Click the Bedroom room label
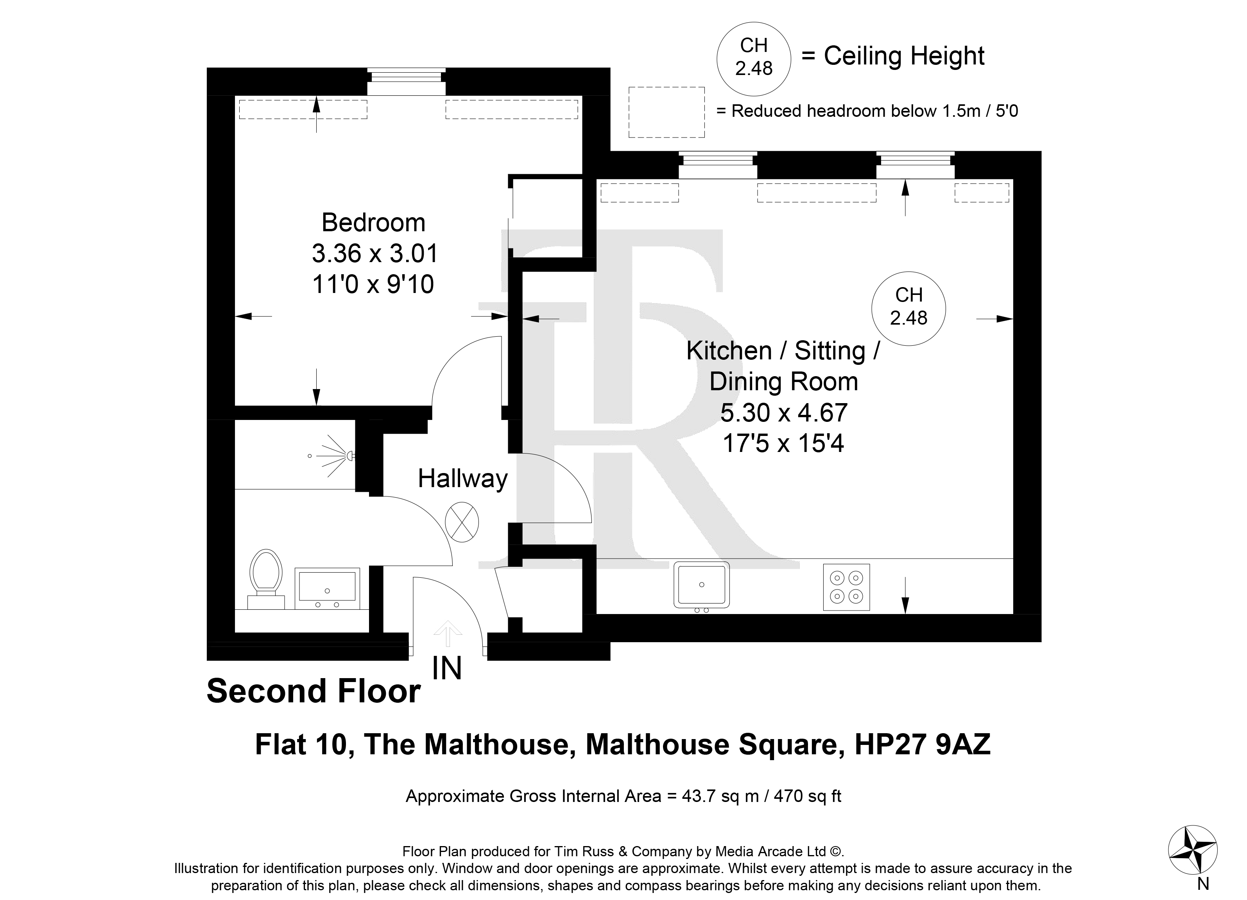[373, 223]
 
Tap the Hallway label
[462, 479]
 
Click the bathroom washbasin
[327, 588]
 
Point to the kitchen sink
[702, 585]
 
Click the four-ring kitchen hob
[846, 587]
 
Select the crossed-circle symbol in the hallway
[462, 523]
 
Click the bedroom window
[406, 82]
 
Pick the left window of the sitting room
[718, 165]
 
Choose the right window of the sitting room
[916, 165]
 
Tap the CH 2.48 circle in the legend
[754, 59]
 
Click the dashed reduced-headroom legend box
[666, 112]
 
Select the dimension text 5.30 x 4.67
[784, 412]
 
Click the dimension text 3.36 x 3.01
[374, 253]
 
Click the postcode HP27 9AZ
[922, 745]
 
